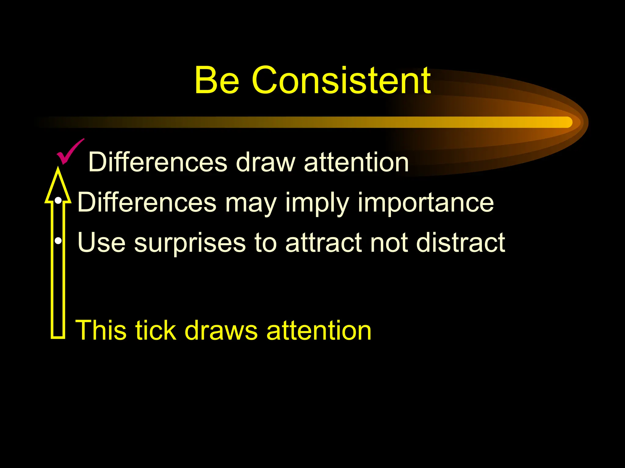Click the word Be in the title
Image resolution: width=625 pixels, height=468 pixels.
217,80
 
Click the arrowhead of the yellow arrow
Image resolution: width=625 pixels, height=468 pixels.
58,186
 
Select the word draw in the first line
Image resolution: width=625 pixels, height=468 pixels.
266,162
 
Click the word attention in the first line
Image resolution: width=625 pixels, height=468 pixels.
356,162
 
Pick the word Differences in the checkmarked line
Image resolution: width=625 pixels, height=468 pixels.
157,162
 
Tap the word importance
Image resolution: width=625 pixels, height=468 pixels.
425,203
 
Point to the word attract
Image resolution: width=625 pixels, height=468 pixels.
323,243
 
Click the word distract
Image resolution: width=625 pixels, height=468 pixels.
461,243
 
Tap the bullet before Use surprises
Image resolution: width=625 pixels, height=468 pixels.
58,241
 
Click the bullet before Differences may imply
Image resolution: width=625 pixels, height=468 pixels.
58,201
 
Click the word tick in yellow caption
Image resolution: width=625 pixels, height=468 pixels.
156,330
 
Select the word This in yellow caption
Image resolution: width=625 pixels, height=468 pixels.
101,330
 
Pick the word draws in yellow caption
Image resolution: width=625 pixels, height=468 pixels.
221,330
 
